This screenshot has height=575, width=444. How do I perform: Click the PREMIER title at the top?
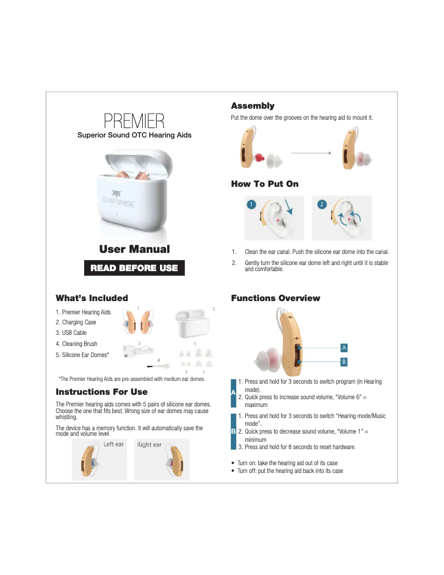pyautogui.click(x=134, y=121)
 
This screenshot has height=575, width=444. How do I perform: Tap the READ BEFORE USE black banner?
pyautogui.click(x=134, y=268)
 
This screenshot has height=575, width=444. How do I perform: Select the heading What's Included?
pyautogui.click(x=92, y=298)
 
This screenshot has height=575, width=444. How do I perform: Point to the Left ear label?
pyautogui.click(x=113, y=445)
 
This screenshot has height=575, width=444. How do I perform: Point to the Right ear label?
pyautogui.click(x=149, y=445)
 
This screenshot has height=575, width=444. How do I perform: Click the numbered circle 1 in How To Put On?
pyautogui.click(x=250, y=204)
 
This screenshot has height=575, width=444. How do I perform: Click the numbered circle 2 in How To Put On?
pyautogui.click(x=322, y=204)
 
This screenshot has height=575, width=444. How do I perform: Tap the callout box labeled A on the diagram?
pyautogui.click(x=344, y=348)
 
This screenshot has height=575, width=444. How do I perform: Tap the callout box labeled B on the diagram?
pyautogui.click(x=344, y=362)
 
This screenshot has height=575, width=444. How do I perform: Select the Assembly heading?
pyautogui.click(x=252, y=106)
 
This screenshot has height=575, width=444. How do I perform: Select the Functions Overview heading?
pyautogui.click(x=275, y=298)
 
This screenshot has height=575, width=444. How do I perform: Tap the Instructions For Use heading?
pyautogui.click(x=101, y=392)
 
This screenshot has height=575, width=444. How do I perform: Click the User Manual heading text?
pyautogui.click(x=134, y=249)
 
